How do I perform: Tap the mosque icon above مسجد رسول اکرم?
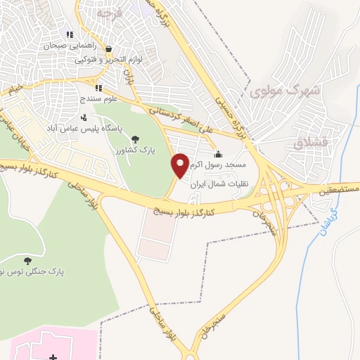tap(218, 155)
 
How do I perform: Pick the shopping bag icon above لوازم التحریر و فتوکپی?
tap(109, 49)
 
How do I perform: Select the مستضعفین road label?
tap(335, 189)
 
